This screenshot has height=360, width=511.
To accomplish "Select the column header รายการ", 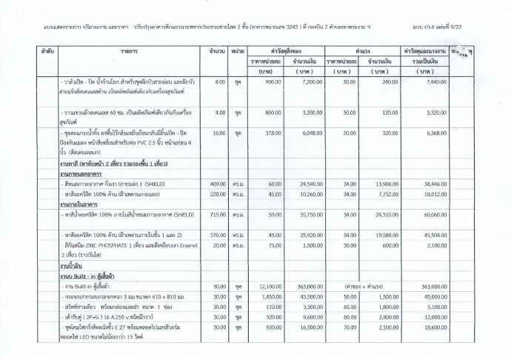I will coord(132,52).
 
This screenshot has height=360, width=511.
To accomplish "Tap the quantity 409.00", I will coord(217,184).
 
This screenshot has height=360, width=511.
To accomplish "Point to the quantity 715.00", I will coord(217,214).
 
